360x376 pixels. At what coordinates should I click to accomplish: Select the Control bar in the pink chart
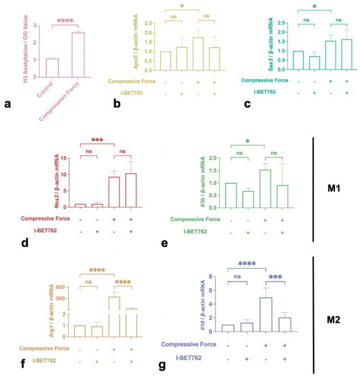click(x=52, y=66)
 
